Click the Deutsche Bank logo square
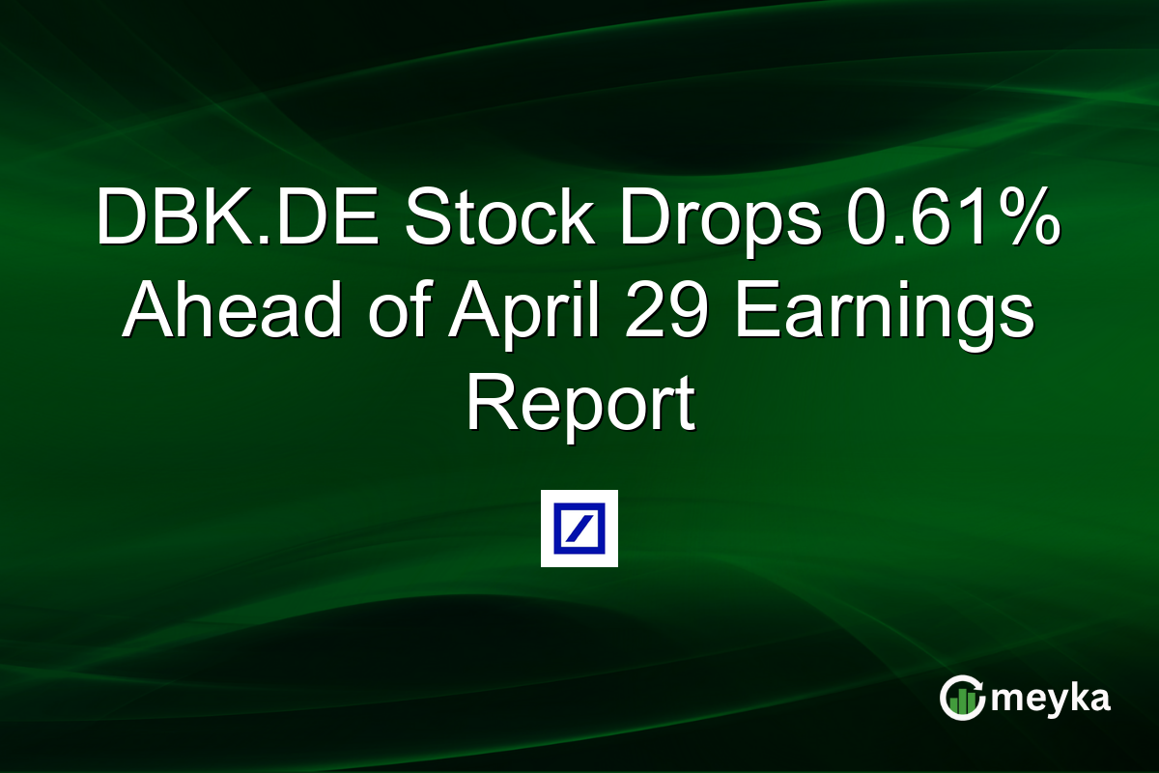click(x=579, y=529)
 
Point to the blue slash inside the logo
click(x=579, y=529)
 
